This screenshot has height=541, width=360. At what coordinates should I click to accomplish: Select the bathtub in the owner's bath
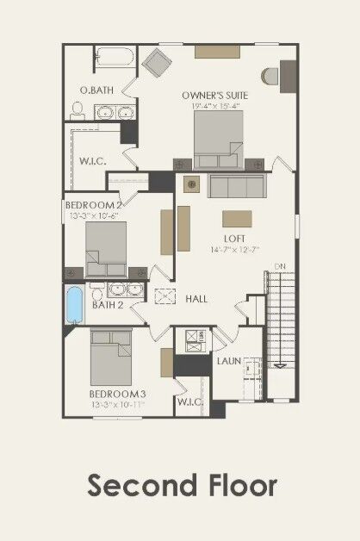pos(113,58)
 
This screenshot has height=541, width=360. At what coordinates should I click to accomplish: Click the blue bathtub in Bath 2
pos(74,305)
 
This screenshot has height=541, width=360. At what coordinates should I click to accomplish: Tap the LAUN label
pos(228,362)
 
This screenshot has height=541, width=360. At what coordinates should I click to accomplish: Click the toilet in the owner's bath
pos(77,110)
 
